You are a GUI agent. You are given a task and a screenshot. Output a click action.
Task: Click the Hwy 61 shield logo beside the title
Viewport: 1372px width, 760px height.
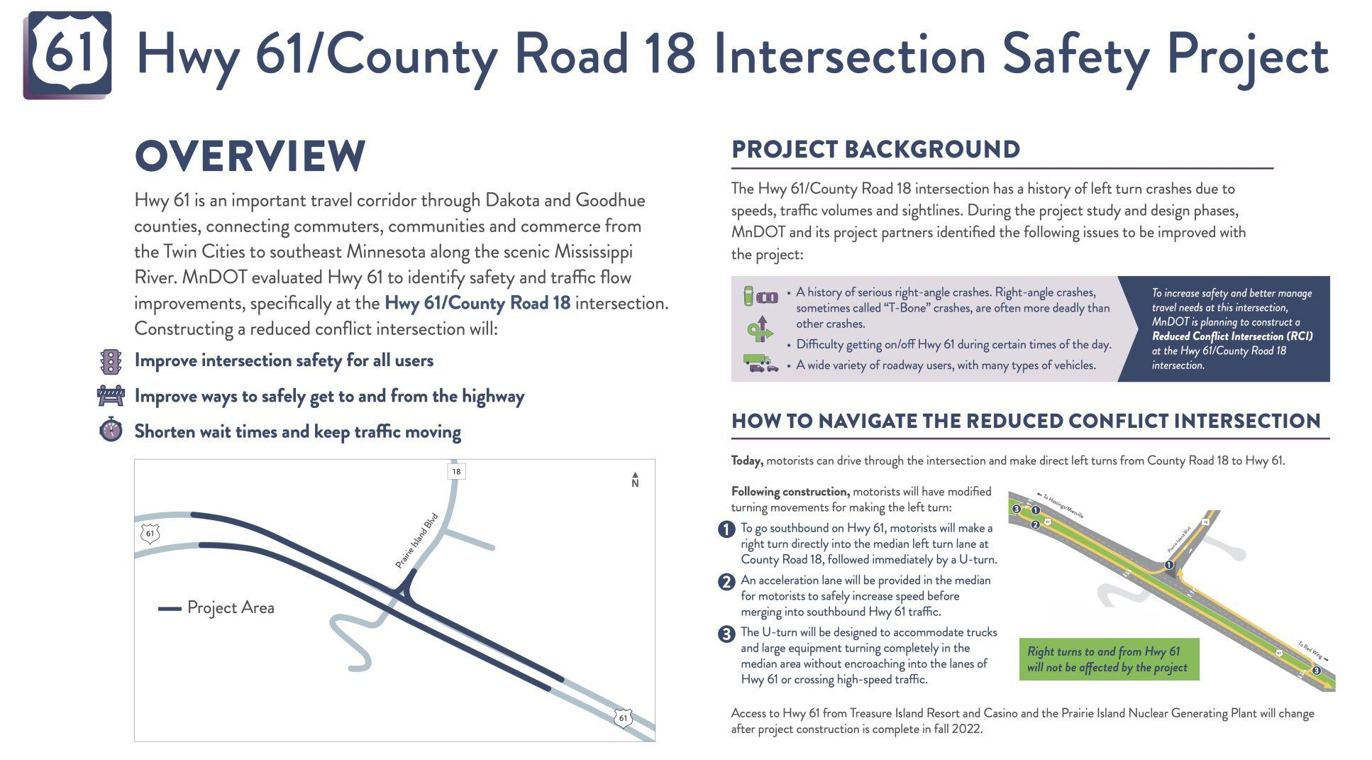click(68, 54)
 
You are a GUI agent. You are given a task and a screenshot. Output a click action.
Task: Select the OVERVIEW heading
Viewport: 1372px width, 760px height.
click(250, 156)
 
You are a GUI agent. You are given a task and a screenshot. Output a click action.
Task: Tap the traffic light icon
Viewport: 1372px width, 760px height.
click(111, 361)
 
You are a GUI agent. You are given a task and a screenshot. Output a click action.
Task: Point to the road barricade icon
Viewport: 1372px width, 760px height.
click(111, 395)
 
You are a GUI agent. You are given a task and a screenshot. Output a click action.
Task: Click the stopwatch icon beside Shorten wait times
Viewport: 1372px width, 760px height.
click(111, 430)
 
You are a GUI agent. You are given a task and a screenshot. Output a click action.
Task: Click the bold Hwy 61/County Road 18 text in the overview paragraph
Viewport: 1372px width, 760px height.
click(477, 303)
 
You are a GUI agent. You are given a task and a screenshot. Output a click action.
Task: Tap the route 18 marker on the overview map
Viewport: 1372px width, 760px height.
click(456, 471)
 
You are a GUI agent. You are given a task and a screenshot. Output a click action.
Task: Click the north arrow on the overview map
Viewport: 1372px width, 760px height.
click(635, 480)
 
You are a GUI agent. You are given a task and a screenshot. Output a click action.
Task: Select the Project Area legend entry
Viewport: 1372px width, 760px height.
click(216, 607)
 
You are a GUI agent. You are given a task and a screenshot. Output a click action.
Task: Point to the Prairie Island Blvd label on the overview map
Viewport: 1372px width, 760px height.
click(416, 541)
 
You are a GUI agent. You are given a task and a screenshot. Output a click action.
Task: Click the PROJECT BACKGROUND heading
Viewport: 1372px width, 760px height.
click(875, 150)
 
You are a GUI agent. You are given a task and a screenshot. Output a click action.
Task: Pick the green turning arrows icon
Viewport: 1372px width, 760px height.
click(760, 329)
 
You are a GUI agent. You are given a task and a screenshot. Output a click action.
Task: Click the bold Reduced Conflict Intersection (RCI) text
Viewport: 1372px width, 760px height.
click(1232, 336)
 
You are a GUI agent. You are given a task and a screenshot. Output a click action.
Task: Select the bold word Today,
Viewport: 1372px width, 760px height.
click(747, 461)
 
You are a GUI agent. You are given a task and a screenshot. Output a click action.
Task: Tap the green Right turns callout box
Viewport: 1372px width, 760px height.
click(1108, 659)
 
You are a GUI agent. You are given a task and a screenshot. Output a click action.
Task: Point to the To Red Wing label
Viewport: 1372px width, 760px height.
click(1312, 651)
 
